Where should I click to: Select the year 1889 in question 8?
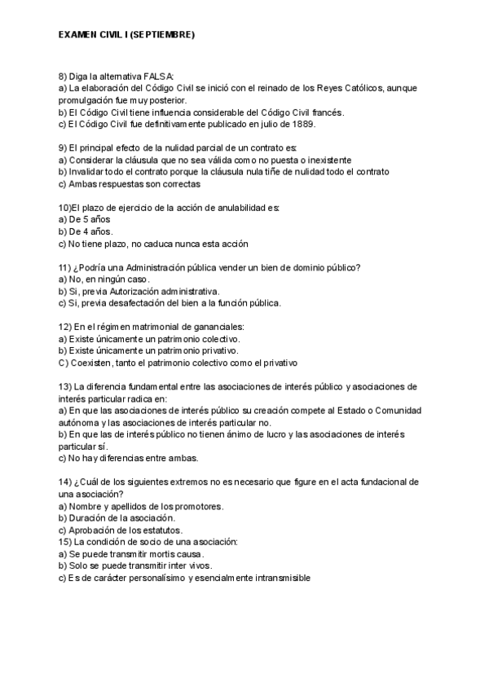point(303,125)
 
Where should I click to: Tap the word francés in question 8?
point(326,112)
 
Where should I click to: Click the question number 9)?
point(64,147)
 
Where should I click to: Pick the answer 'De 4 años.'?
point(86,231)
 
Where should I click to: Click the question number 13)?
point(66,386)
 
